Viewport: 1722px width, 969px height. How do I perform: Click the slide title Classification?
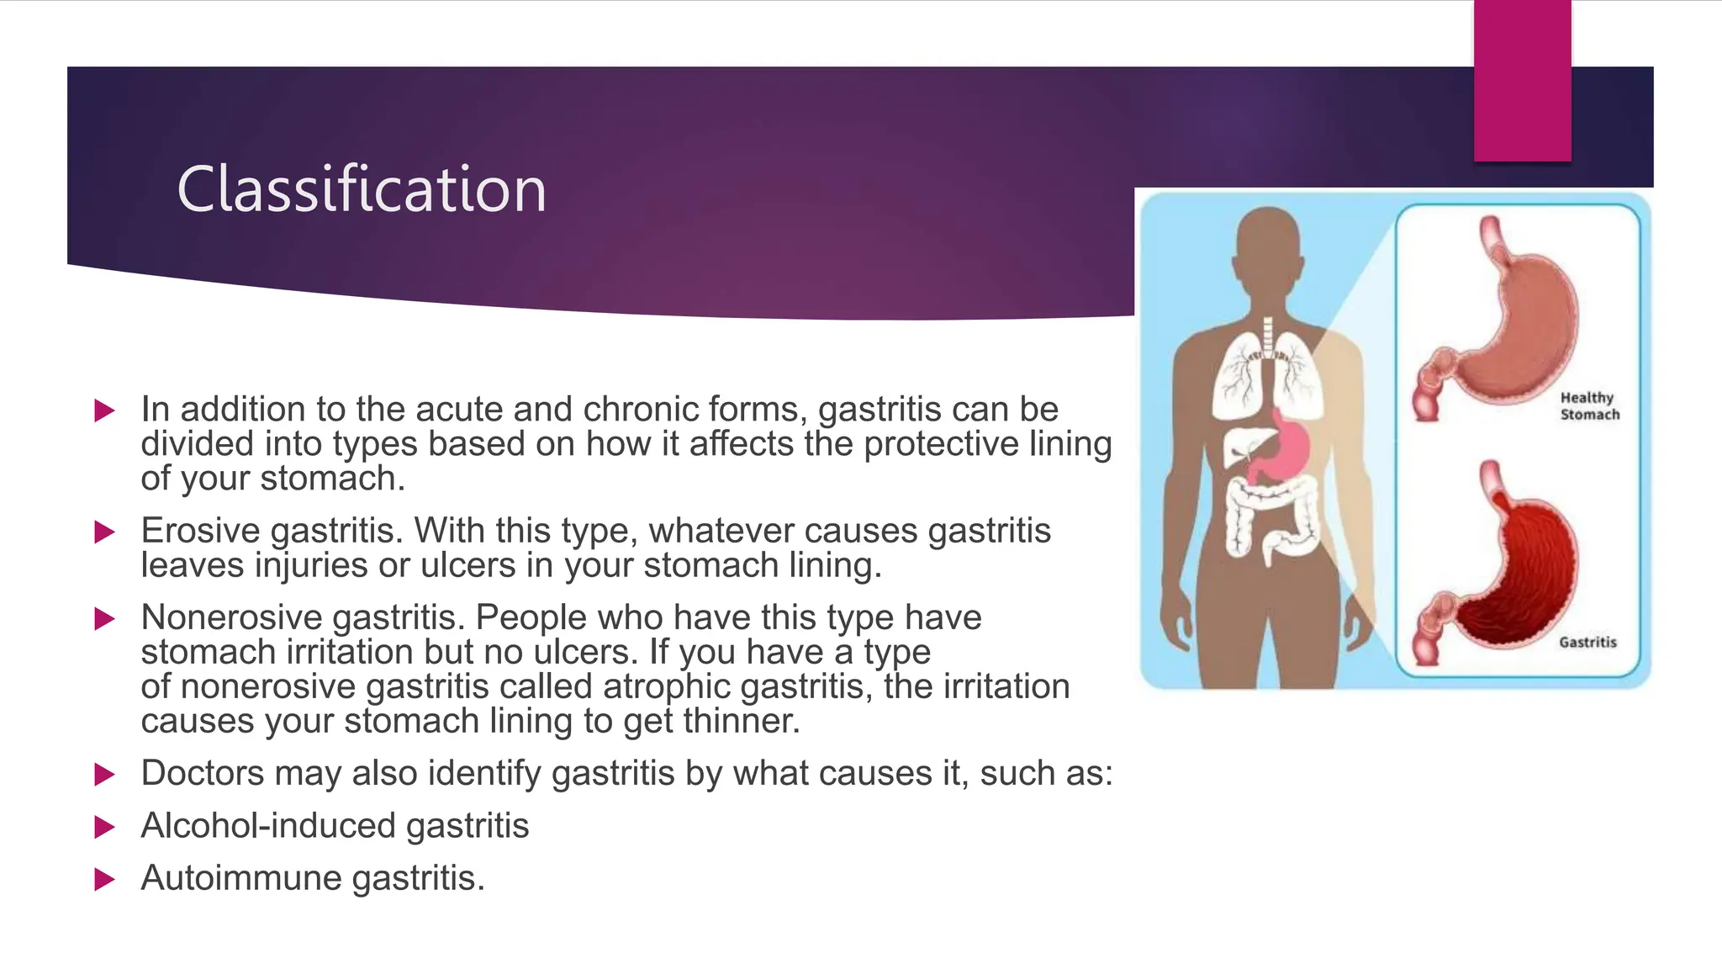tap(362, 189)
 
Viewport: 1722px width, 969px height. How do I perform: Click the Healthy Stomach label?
tap(1588, 405)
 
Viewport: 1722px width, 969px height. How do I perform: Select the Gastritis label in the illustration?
tap(1587, 642)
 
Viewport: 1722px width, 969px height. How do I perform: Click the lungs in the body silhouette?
tap(1267, 374)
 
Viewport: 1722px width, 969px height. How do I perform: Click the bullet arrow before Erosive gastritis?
tap(104, 532)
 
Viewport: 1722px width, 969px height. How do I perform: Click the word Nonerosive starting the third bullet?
tap(231, 617)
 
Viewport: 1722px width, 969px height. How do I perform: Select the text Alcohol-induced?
tap(268, 825)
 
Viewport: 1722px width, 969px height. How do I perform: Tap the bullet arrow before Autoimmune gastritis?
tap(104, 879)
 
